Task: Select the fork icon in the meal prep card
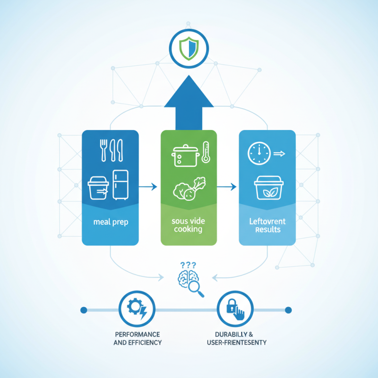pos(103,149)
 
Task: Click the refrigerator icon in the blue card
pos(120,185)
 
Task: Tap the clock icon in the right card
pos(258,154)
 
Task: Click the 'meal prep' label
pos(110,223)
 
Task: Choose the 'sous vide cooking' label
pos(189,226)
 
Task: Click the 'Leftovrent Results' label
pos(267,226)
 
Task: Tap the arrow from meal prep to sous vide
pos(149,187)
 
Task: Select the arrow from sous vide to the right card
pos(227,187)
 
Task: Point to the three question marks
pos(188,266)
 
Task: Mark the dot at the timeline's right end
pos(288,310)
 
